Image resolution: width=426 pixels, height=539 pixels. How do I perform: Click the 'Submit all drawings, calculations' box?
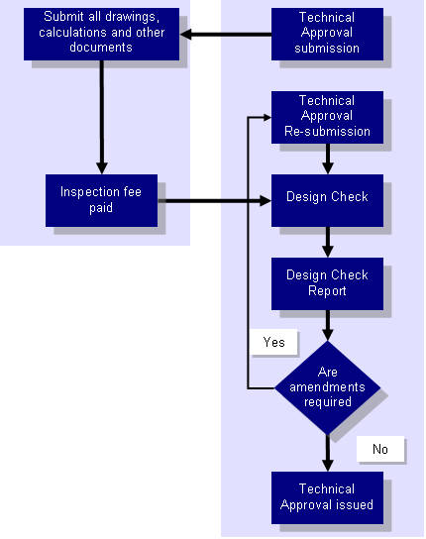click(101, 34)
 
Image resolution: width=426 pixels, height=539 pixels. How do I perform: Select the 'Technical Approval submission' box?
click(327, 34)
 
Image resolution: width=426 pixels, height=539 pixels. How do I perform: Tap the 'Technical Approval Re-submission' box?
click(327, 117)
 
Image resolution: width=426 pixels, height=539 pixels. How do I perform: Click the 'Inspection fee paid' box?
click(101, 200)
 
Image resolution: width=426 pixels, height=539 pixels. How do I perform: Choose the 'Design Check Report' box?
click(327, 283)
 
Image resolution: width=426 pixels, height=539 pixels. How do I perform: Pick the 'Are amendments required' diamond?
click(327, 387)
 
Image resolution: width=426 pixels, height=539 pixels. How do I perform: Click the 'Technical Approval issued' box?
click(327, 497)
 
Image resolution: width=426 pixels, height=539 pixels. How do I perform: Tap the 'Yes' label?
click(273, 342)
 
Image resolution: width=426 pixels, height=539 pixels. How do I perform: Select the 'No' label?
click(380, 449)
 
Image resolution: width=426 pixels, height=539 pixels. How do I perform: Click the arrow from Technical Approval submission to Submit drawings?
click(226, 35)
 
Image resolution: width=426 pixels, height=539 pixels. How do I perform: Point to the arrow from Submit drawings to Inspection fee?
click(102, 117)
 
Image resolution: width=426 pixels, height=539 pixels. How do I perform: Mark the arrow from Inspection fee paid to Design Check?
click(215, 201)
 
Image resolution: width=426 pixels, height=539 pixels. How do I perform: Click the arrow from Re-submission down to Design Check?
click(328, 159)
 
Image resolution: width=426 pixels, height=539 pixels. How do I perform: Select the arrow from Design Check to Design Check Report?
click(328, 242)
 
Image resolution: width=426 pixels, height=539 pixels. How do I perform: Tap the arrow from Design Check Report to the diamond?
click(328, 325)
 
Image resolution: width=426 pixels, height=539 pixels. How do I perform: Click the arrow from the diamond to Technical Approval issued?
click(328, 453)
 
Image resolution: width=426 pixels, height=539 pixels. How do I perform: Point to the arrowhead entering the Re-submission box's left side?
click(267, 117)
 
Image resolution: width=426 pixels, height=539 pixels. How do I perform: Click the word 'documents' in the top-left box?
click(101, 48)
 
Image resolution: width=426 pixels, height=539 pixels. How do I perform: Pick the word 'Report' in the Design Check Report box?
click(327, 291)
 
